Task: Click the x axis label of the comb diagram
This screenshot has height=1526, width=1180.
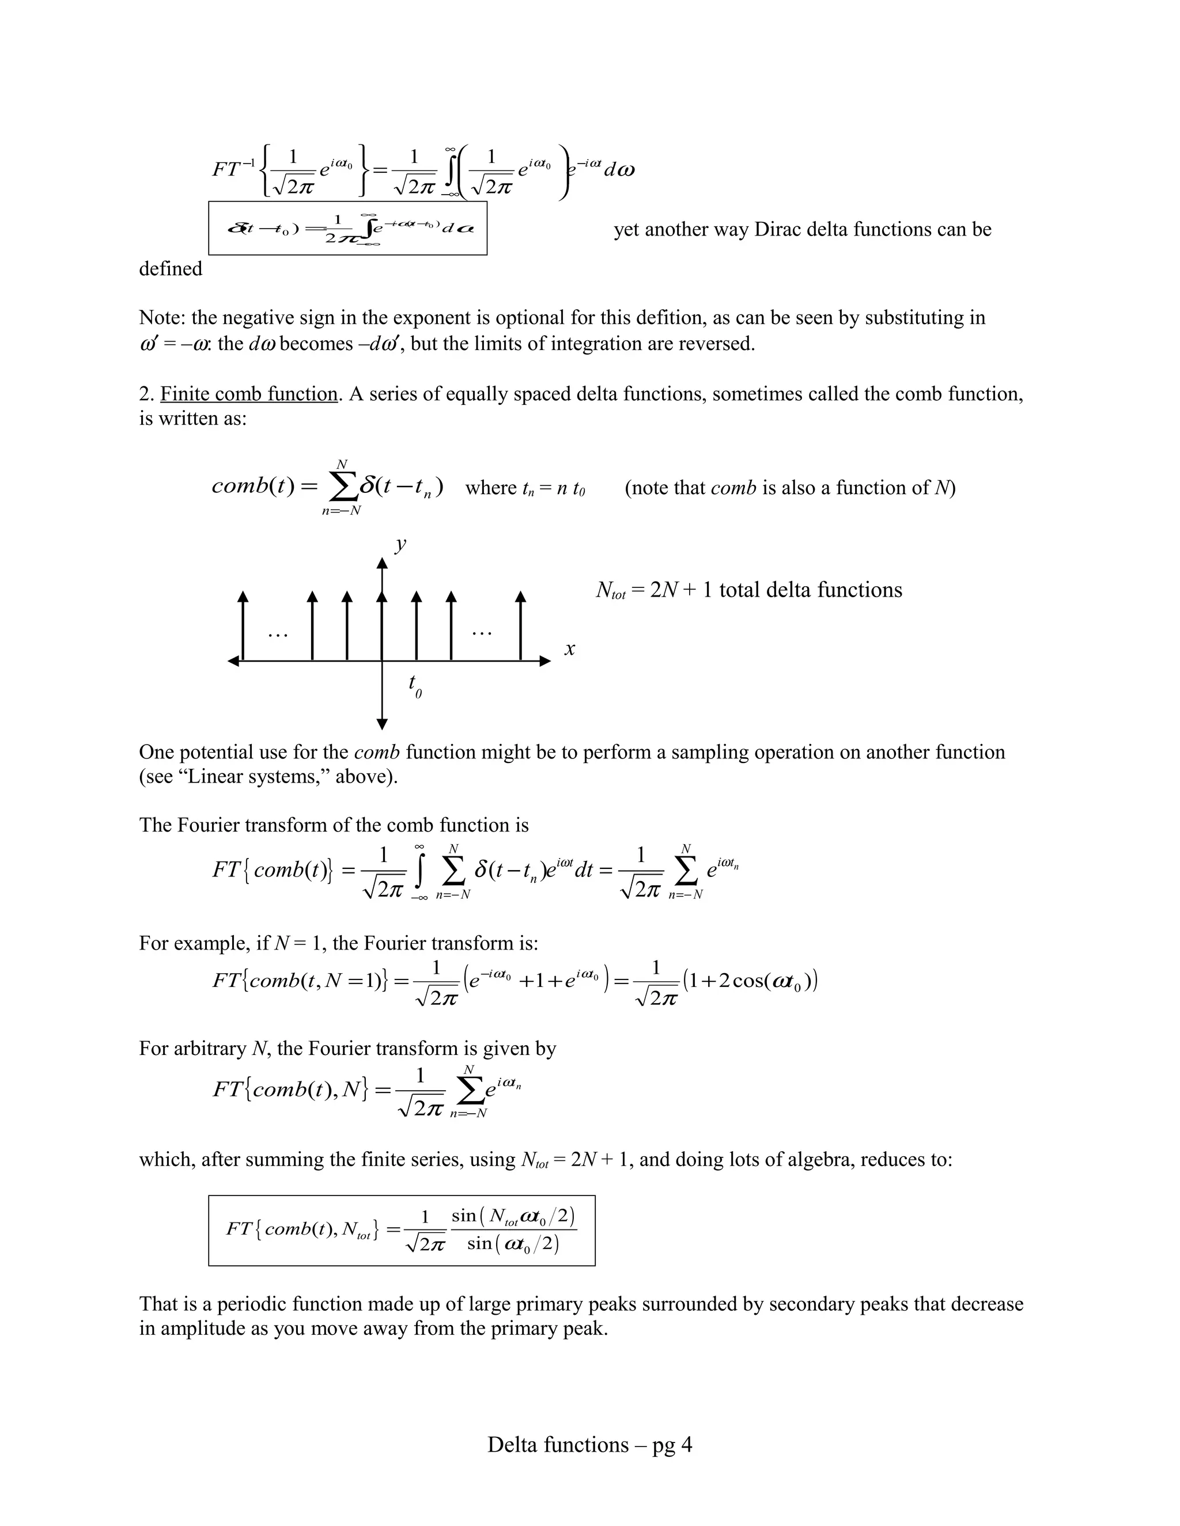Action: pyautogui.click(x=570, y=649)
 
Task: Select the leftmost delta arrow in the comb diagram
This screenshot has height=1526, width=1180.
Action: pyautogui.click(x=243, y=625)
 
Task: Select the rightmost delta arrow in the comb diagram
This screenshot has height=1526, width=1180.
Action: pyautogui.click(x=520, y=625)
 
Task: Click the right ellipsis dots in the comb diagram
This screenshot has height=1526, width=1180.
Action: pyautogui.click(x=482, y=633)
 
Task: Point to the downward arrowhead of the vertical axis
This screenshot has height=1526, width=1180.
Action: pyautogui.click(x=381, y=724)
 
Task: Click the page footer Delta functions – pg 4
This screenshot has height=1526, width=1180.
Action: pyautogui.click(x=589, y=1444)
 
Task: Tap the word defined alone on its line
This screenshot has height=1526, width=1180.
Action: pyautogui.click(x=171, y=269)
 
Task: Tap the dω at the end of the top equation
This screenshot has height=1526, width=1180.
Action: pyautogui.click(x=619, y=170)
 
